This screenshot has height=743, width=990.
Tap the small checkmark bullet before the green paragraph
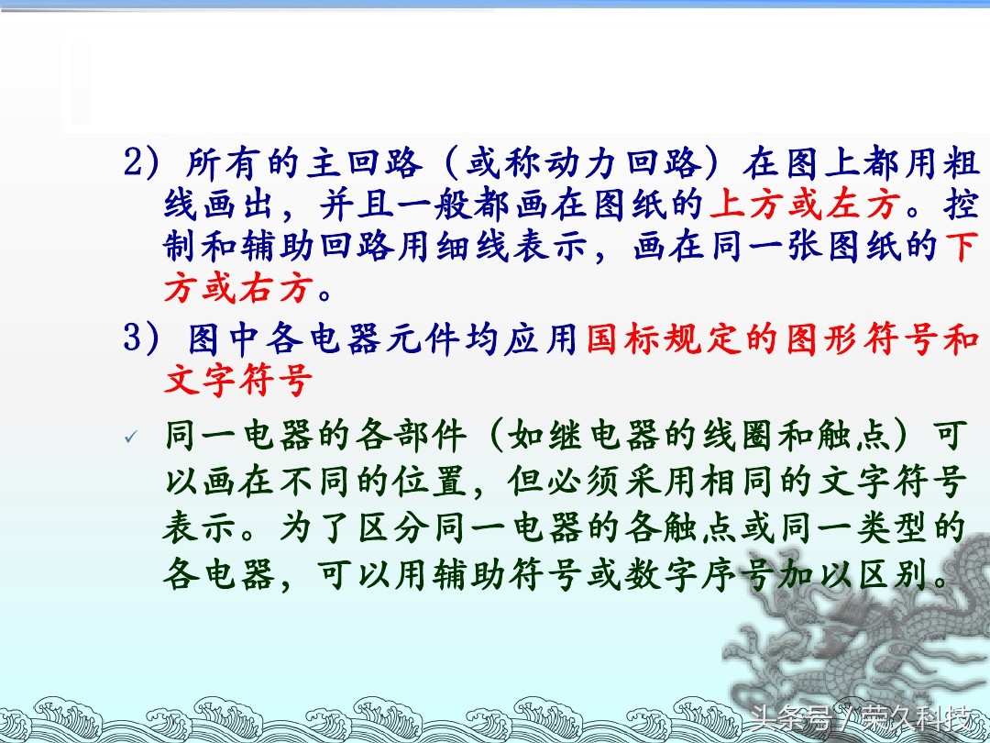coord(131,437)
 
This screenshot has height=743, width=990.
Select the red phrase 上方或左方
coord(805,204)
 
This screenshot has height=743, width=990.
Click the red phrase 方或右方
coord(238,289)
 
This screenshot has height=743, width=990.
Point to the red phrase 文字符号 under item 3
coord(238,381)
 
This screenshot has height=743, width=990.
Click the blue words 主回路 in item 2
coord(365,163)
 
